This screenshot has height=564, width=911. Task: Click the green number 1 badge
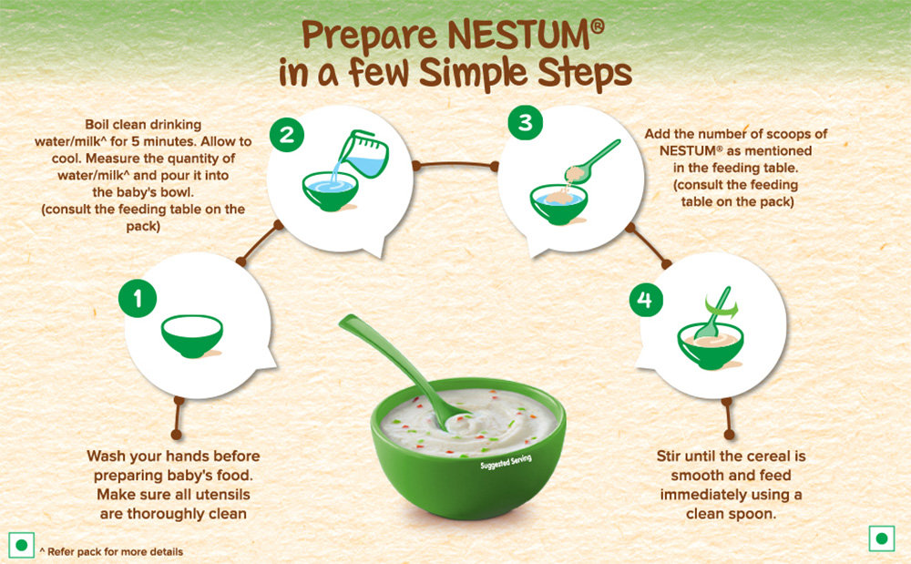[138, 299]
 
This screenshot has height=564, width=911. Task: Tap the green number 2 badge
[287, 135]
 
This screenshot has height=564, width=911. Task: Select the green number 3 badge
[526, 123]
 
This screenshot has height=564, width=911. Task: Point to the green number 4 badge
[646, 300]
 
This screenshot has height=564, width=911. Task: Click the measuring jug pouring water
[363, 153]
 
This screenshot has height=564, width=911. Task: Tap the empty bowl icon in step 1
[191, 335]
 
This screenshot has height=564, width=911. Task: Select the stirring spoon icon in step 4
[713, 313]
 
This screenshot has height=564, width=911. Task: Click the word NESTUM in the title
[527, 36]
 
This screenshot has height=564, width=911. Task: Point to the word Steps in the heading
[585, 75]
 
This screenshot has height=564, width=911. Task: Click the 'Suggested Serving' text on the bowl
[506, 462]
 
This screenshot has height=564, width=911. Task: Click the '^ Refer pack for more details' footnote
[111, 552]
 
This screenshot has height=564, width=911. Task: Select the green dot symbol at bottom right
[881, 538]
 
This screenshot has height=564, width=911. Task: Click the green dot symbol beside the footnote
[22, 546]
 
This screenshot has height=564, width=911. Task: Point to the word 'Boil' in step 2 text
[97, 124]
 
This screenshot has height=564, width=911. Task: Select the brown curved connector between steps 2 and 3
[455, 165]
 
